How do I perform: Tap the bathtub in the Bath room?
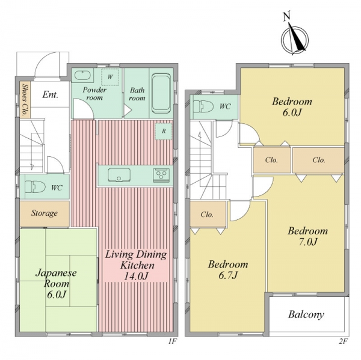[x=161, y=93]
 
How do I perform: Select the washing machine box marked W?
[x=110, y=77]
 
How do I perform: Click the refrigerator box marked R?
[x=164, y=132]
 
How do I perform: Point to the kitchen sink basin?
[x=119, y=175]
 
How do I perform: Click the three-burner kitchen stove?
[x=161, y=175]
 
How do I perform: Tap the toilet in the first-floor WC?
[x=35, y=186]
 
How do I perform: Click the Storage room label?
[x=45, y=213]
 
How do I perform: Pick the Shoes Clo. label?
[x=25, y=100]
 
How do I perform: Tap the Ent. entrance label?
[x=50, y=94]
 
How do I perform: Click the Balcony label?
[x=306, y=314]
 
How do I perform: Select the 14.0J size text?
[x=136, y=276]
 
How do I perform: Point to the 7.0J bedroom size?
[x=308, y=242]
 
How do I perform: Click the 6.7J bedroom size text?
[x=228, y=275]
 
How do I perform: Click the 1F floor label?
[x=172, y=341]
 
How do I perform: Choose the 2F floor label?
[x=342, y=341]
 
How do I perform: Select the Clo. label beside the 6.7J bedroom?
[x=207, y=215]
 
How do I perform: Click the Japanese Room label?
[x=56, y=278]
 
